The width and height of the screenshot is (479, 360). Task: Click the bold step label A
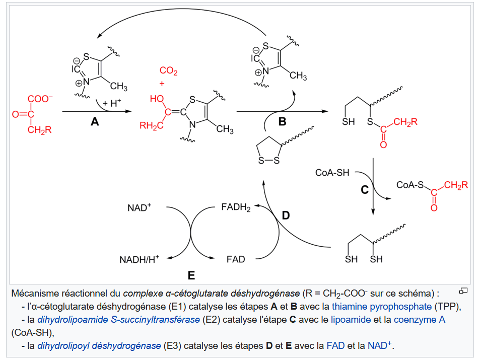95,121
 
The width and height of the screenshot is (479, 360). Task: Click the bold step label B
282,121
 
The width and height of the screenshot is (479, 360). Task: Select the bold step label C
365,190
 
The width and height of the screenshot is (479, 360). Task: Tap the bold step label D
286,215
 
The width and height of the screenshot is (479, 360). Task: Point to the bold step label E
191,275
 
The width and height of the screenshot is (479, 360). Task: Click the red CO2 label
168,72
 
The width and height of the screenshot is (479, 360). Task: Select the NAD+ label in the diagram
140,207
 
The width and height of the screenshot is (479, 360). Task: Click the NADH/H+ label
139,260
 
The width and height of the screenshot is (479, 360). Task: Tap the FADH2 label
236,207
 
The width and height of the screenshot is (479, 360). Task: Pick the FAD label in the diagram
236,260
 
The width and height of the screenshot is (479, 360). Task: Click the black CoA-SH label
332,173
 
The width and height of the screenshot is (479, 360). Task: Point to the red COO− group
40,99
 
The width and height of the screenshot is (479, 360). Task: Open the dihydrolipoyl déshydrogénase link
99,345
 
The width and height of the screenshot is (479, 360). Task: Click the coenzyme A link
420,319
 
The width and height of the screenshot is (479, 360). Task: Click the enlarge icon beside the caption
463,291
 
